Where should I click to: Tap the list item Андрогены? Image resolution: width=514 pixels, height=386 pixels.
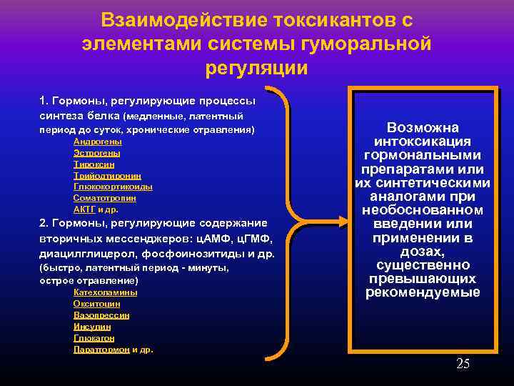click(97, 142)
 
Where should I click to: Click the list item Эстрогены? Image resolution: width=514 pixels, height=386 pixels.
click(96, 153)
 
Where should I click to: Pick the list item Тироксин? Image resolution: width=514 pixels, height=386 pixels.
click(94, 164)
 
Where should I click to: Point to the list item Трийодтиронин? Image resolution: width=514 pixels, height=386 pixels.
click(107, 176)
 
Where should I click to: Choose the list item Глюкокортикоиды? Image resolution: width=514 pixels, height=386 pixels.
click(113, 187)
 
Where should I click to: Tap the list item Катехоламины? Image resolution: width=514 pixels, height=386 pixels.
click(106, 292)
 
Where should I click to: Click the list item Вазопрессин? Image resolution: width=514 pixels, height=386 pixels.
click(101, 315)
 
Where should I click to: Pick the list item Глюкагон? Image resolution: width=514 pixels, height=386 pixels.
click(94, 338)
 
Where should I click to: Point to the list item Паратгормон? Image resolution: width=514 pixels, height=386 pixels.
click(101, 350)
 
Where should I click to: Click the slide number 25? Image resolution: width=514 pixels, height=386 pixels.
click(463, 365)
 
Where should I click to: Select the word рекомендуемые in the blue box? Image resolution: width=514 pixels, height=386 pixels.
click(422, 292)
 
